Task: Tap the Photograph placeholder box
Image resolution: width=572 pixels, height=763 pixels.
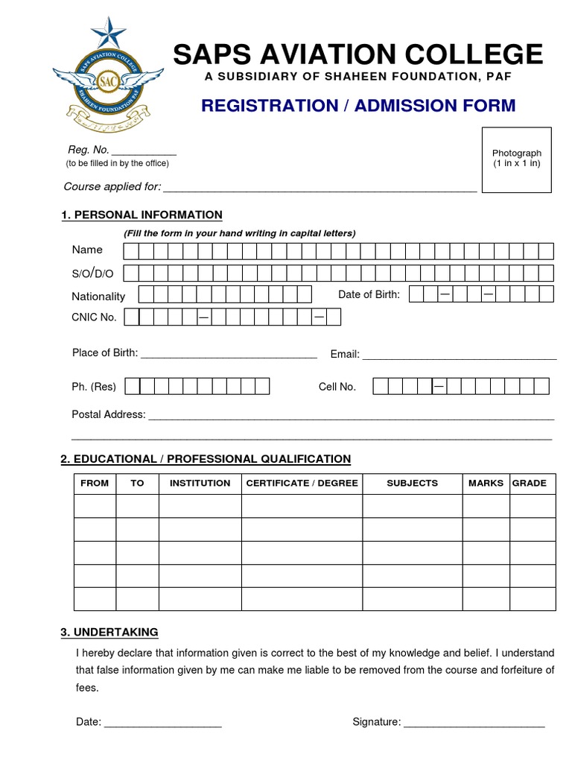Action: point(516,159)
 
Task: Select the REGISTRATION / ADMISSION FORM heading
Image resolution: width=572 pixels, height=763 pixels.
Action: point(357,105)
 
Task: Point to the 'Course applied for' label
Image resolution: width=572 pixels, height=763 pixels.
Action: point(112,186)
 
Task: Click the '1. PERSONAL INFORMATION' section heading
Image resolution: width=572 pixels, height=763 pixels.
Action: point(142,215)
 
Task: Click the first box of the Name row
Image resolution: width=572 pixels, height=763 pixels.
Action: point(130,250)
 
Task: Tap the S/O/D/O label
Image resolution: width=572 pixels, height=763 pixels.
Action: point(92,273)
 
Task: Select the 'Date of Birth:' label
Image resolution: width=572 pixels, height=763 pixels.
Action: point(369,294)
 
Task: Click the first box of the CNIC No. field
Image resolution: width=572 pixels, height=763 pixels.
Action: point(132,317)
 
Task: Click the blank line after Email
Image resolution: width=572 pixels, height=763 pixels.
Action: point(460,355)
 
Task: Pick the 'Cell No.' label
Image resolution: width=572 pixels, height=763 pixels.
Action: point(337,387)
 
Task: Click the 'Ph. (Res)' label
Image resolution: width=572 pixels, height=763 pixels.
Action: point(94,387)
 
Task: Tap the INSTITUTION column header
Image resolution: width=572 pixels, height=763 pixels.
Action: point(200,483)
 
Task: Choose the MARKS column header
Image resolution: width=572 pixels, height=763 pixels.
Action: point(486,483)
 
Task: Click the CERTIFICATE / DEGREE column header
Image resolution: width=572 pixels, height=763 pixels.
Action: point(302,483)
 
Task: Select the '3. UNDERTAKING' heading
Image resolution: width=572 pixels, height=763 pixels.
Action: point(109,632)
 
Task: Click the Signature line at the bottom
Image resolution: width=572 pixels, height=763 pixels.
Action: point(474,723)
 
